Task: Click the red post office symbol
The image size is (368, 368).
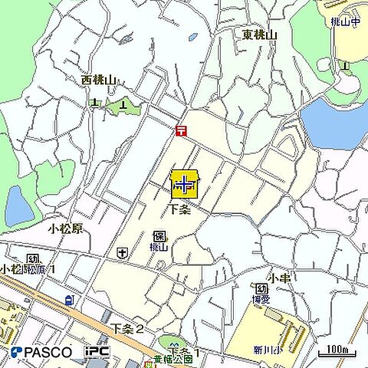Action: (180, 131)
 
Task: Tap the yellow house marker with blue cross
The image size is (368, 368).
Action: (184, 185)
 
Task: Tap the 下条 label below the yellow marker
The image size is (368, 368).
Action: (180, 209)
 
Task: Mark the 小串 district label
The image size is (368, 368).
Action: (278, 276)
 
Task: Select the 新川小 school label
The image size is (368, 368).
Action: (268, 350)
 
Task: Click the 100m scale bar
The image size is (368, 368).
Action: (337, 351)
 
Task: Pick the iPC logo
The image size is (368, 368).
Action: (97, 352)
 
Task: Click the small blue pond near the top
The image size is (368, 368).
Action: (192, 36)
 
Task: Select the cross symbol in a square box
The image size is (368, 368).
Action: (122, 252)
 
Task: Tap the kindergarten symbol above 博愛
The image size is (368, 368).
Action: (261, 288)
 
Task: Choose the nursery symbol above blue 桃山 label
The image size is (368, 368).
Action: (159, 236)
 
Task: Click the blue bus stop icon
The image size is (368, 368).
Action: (69, 300)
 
